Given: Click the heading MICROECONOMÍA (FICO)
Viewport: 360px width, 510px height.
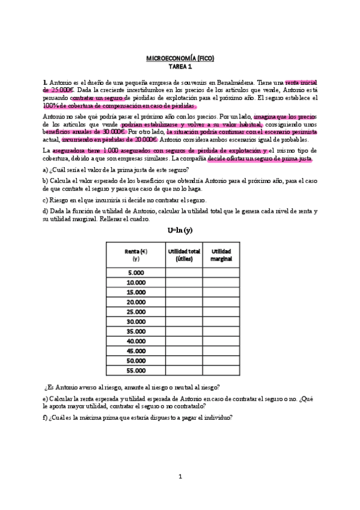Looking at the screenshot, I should [180, 58].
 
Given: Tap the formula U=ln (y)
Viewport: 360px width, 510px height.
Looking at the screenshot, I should [180, 230].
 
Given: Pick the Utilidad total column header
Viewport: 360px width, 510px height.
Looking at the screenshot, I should [184, 254].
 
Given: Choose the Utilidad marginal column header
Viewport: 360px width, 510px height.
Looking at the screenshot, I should [221, 254].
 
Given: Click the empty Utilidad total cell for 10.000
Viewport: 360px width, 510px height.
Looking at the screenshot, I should [184, 282].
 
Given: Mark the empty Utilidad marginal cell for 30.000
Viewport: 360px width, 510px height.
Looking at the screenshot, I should [221, 321].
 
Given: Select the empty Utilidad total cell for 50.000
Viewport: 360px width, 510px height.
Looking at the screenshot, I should [184, 360].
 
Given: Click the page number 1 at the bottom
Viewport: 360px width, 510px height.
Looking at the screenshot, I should [180, 476].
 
